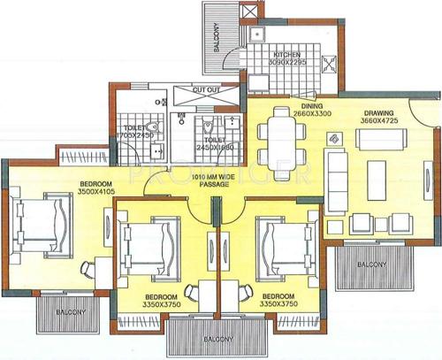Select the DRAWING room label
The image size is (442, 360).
(379, 113)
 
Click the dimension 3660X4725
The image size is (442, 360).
(379, 122)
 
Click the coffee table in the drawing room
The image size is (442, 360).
(375, 167)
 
